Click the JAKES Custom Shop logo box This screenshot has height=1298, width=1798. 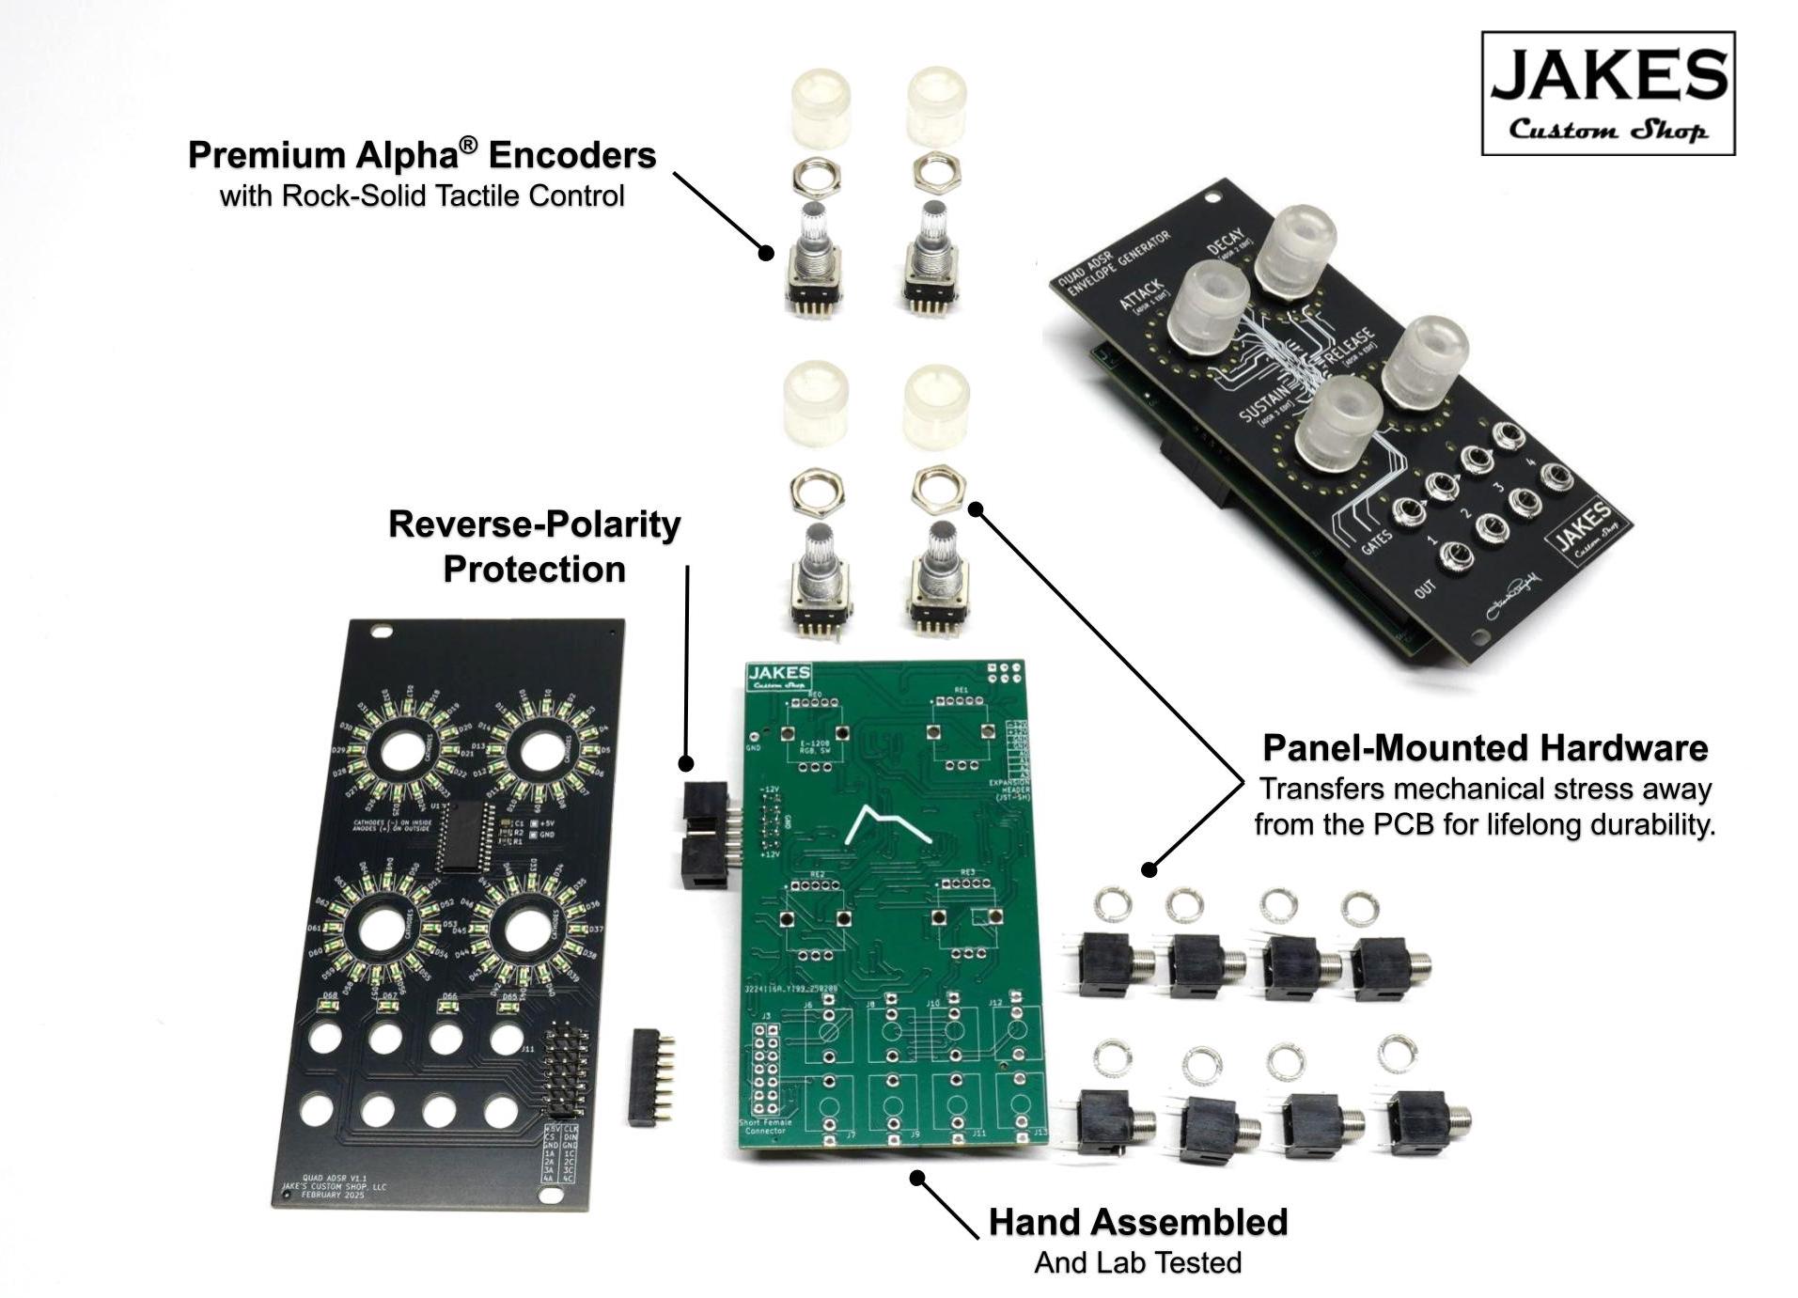[1606, 93]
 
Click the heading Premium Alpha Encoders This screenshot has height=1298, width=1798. [421, 155]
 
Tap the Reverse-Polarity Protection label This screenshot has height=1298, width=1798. [534, 546]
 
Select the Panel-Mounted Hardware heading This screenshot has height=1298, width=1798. [1484, 748]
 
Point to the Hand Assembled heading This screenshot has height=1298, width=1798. [1137, 1222]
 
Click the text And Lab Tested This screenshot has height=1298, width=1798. [1137, 1262]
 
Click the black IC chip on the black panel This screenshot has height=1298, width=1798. [464, 836]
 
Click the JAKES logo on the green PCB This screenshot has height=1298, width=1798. [778, 677]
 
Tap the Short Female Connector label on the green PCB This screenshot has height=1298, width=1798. [765, 1126]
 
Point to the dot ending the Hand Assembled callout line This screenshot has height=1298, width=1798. [918, 1177]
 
